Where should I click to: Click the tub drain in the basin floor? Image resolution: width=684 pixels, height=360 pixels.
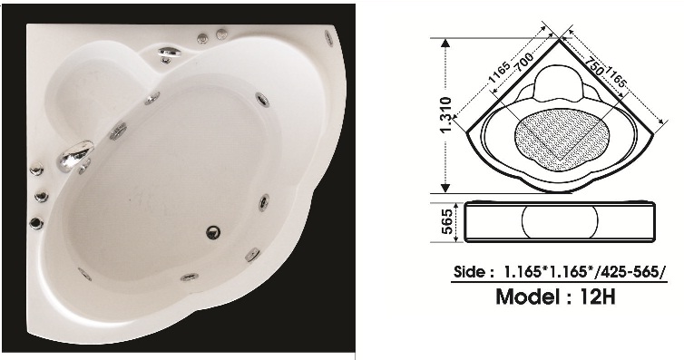(x=213, y=232)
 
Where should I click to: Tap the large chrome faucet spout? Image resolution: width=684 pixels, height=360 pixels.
(x=75, y=155)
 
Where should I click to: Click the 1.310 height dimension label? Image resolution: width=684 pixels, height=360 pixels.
(x=445, y=115)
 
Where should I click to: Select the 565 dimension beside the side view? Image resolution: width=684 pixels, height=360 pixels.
(x=447, y=221)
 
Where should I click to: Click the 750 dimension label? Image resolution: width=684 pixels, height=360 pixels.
(x=593, y=65)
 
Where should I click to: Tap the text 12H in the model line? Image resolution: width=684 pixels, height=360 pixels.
(x=598, y=297)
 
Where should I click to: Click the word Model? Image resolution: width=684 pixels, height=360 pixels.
(x=528, y=297)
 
